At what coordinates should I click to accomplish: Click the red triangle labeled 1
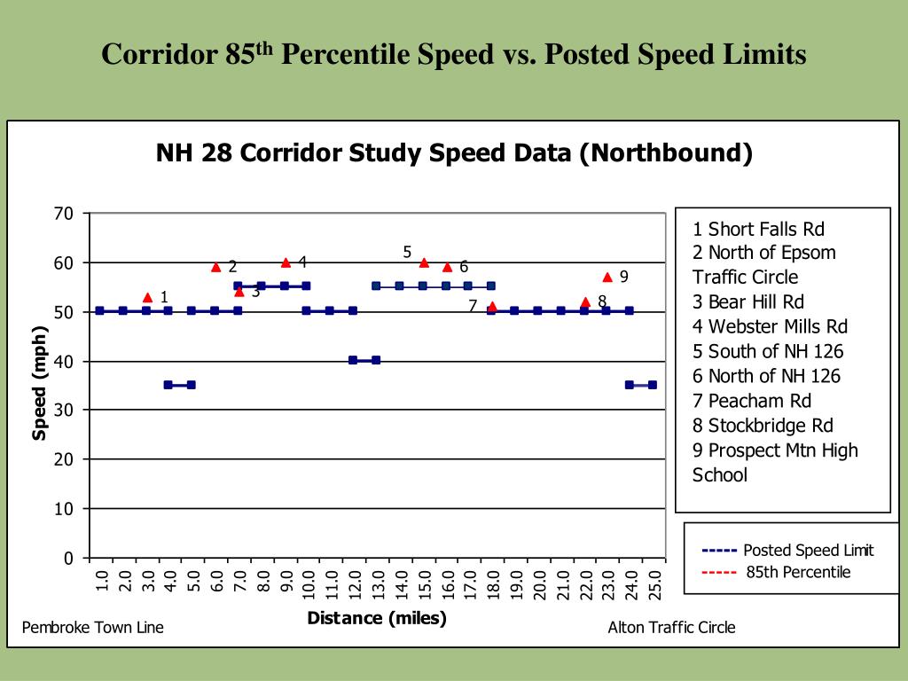point(147,297)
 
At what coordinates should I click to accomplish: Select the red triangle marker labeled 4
point(286,262)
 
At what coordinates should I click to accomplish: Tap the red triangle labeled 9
point(607,278)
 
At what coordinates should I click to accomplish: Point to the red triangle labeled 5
point(424,262)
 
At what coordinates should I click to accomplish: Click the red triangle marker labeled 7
point(492,307)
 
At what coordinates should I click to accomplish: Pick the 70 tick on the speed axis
point(63,214)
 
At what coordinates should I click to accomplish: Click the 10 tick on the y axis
point(63,509)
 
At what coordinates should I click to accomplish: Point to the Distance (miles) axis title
point(377,618)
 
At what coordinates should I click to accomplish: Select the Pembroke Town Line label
point(93,628)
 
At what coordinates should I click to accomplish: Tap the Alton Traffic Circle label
point(671,628)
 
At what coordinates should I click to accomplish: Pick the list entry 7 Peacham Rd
point(751,401)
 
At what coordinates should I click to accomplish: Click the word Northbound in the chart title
point(665,153)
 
